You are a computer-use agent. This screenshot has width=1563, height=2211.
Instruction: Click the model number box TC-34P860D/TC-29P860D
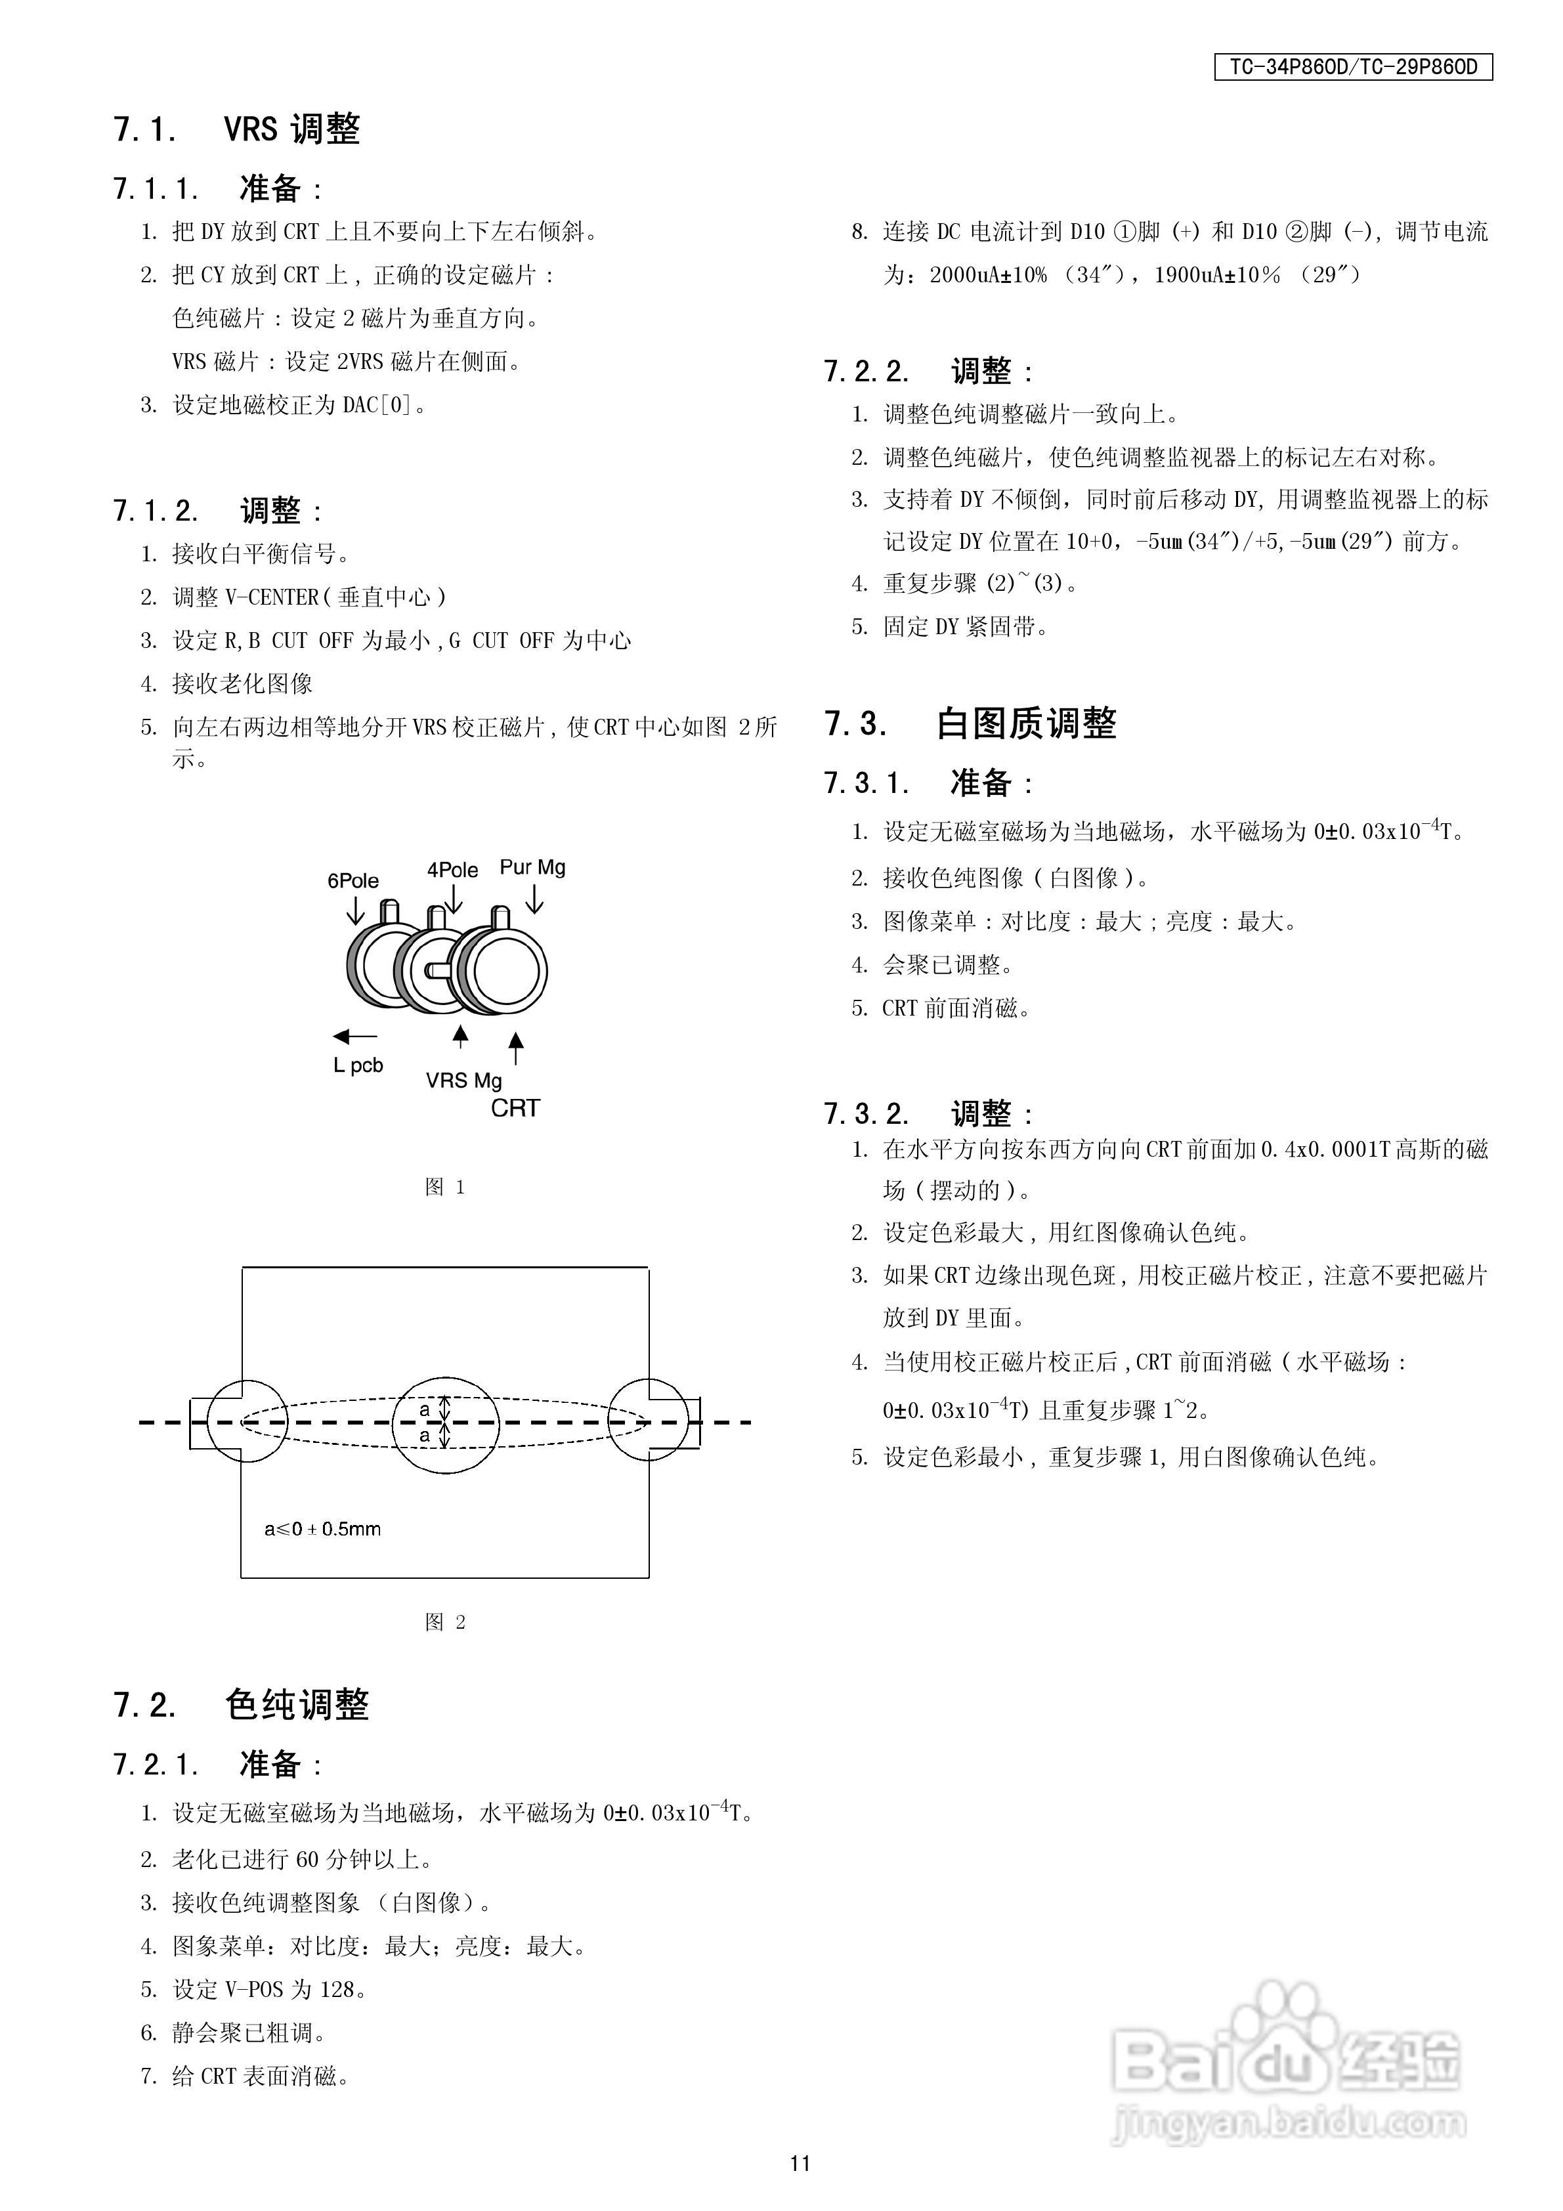click(x=1352, y=68)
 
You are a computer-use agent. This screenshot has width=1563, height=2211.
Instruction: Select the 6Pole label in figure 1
click(x=353, y=881)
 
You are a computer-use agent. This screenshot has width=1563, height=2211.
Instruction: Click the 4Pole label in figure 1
click(x=453, y=870)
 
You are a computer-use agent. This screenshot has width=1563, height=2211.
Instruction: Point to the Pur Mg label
click(x=532, y=868)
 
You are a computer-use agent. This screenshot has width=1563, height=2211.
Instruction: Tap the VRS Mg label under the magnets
click(x=463, y=1081)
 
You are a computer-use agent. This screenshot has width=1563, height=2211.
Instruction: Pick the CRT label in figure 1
click(x=515, y=1108)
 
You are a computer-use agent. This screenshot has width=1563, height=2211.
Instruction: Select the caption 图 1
click(x=445, y=1188)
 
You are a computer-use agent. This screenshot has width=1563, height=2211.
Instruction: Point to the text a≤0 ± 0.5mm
click(x=322, y=1529)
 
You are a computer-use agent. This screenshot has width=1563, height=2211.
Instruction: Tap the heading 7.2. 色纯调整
click(x=241, y=1704)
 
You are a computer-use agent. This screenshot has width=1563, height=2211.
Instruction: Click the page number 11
click(x=800, y=2163)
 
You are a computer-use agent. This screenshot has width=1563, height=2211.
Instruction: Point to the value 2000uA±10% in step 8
click(x=988, y=276)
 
